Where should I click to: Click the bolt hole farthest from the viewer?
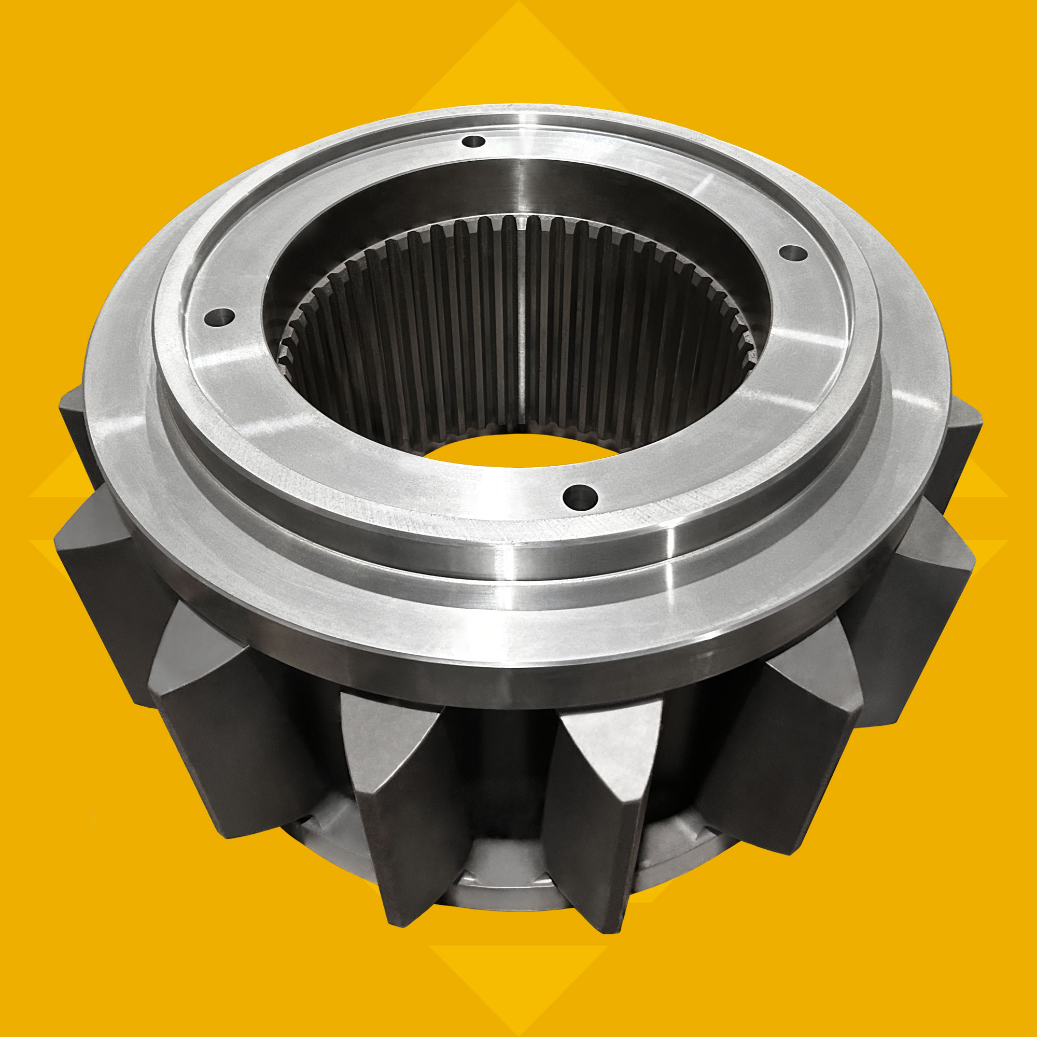(473, 142)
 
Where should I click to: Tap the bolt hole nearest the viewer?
(581, 497)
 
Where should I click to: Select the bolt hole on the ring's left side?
(219, 317)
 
